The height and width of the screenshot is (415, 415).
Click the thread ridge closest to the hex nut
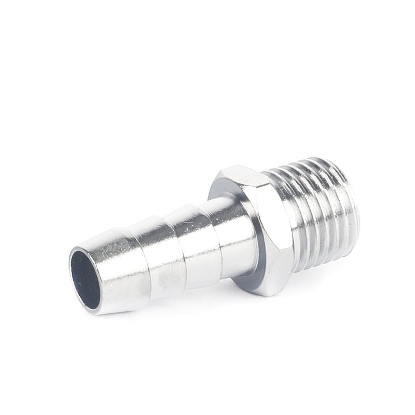pyautogui.click(x=290, y=218)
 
